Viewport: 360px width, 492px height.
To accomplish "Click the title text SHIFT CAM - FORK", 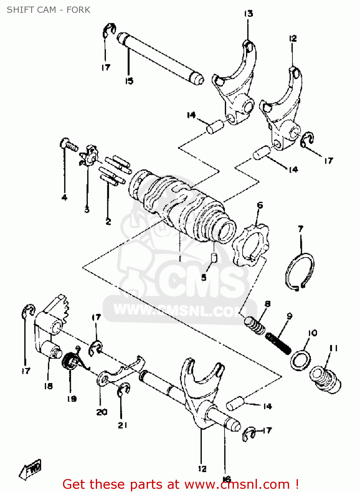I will pos(48,10).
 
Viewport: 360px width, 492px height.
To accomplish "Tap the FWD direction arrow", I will pos(31,469).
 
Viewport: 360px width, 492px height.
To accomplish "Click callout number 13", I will pos(248,13).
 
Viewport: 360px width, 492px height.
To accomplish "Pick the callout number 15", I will pos(129,81).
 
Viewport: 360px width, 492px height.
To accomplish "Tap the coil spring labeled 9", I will pos(278,343).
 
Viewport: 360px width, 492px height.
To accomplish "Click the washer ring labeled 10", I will pos(300,360).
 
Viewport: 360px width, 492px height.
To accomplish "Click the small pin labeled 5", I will pos(214,257).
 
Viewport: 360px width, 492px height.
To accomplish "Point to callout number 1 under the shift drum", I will pos(180,259).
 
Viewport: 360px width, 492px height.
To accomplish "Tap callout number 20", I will pos(102,412).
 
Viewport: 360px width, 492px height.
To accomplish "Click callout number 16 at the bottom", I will pos(226,479).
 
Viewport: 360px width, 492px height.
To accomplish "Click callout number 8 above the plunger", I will pos(267,304).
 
